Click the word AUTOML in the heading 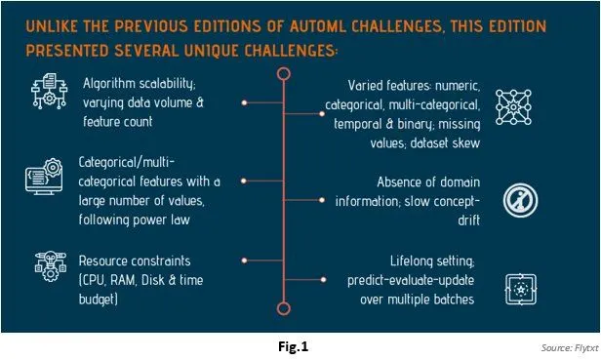click(318, 26)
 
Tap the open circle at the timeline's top click(284, 68)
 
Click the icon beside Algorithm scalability click(49, 92)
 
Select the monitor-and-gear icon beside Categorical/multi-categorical click(44, 177)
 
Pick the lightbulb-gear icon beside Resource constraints click(50, 265)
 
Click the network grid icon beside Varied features click(513, 107)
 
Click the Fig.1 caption click(294, 346)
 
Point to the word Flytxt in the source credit click(586, 348)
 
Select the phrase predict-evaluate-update click(411, 281)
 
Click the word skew click(466, 143)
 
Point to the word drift click(468, 220)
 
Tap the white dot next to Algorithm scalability click(244, 102)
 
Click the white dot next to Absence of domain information click(322, 200)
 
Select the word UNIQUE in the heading click(212, 51)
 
